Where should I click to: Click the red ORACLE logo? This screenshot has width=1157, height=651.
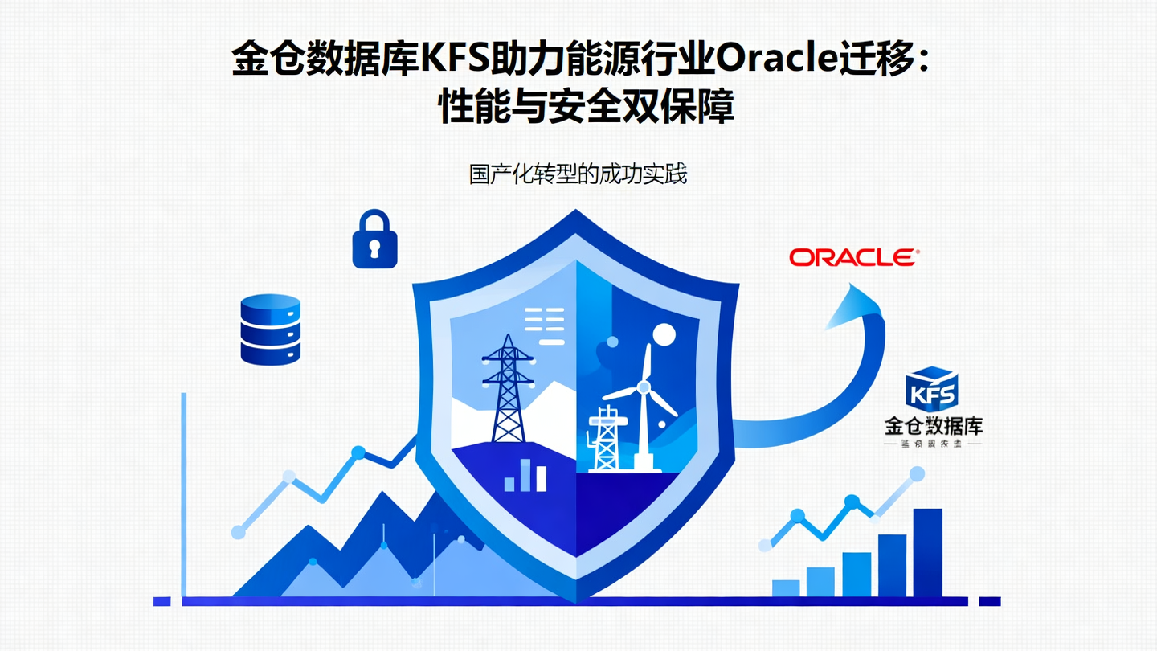[x=853, y=257]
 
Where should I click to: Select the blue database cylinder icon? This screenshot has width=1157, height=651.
[x=271, y=330]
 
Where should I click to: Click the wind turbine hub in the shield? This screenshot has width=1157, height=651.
[x=643, y=387]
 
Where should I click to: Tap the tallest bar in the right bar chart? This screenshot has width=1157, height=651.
[x=927, y=552]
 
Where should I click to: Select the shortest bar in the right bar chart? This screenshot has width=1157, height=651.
[x=786, y=588]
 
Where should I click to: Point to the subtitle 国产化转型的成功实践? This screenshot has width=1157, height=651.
[x=578, y=174]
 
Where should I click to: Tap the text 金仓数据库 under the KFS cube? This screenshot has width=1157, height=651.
[x=933, y=426]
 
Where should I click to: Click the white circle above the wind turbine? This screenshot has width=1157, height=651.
[x=664, y=334]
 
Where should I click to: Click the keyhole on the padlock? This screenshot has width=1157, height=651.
[x=374, y=250]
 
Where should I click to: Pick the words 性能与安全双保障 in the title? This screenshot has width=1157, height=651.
[x=586, y=107]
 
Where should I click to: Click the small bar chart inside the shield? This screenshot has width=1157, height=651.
[x=525, y=477]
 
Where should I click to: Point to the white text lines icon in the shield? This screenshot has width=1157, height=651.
[x=543, y=325]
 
